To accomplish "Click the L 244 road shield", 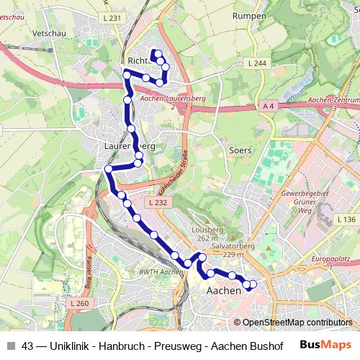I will (258, 63).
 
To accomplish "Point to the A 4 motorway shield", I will (269, 107).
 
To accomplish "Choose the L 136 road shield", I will (346, 219).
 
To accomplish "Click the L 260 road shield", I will (79, 304).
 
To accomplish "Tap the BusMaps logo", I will (322, 344).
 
